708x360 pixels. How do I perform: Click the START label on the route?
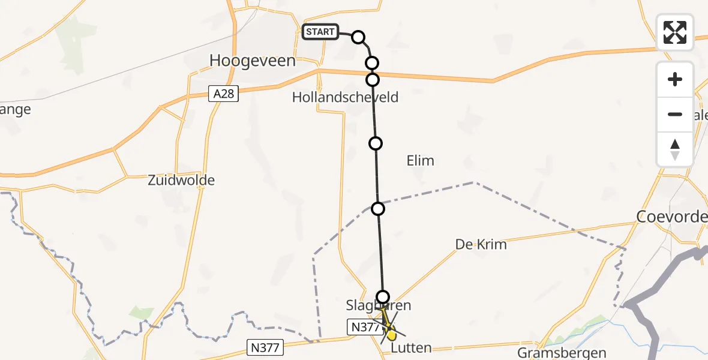click(x=320, y=32)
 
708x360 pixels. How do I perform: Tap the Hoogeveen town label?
click(x=253, y=61)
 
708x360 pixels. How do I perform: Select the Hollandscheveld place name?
click(x=345, y=97)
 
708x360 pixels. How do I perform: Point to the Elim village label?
click(x=420, y=161)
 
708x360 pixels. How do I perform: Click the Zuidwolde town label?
click(x=181, y=180)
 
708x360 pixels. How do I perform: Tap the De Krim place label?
click(x=481, y=244)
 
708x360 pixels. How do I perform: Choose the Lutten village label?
click(x=411, y=348)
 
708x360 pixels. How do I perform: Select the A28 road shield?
click(x=224, y=94)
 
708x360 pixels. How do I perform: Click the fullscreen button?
click(x=675, y=32)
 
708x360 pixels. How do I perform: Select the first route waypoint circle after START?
click(x=358, y=37)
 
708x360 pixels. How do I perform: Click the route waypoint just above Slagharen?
click(x=383, y=296)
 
